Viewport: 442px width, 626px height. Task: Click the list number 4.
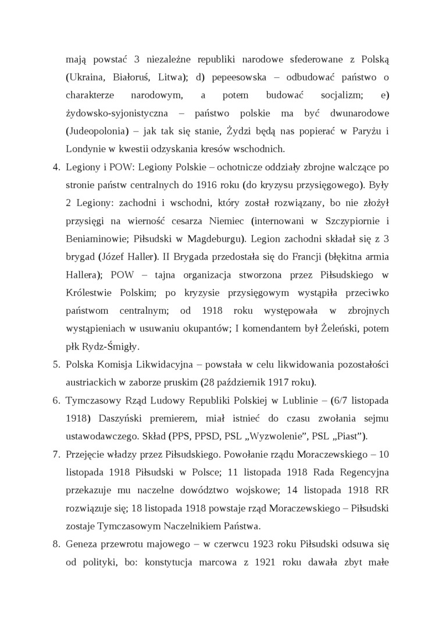pos(56,167)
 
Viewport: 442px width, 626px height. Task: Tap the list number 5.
pos(56,365)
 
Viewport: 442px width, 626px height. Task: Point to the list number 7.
pos(56,454)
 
